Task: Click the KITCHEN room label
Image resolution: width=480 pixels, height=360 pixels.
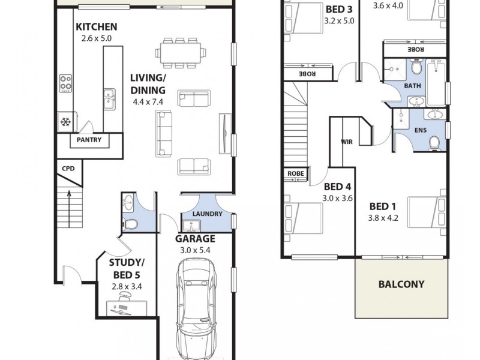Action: (x=96, y=27)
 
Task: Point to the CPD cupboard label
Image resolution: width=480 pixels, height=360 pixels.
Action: (x=68, y=169)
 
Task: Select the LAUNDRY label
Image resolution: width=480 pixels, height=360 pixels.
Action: (x=208, y=214)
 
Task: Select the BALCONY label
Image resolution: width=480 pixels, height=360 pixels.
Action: (x=401, y=284)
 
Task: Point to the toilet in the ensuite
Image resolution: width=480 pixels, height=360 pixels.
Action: (x=434, y=141)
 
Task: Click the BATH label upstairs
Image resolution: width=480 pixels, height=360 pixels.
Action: (x=413, y=86)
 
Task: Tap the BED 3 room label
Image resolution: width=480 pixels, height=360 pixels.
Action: (x=339, y=9)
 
